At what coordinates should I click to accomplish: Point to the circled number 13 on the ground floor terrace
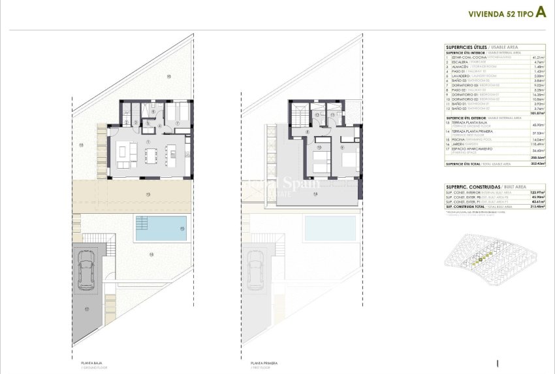coord(148,194)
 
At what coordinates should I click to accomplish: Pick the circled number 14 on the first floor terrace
coord(315,194)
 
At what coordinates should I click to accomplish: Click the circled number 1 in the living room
coord(149,141)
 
